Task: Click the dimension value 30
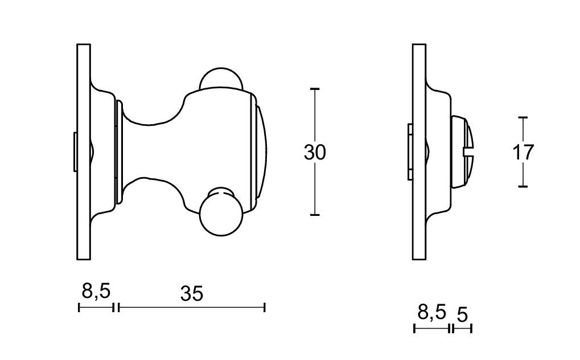tap(315, 152)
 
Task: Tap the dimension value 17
tap(523, 152)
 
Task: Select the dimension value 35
tap(191, 293)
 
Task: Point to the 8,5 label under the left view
tap(96, 291)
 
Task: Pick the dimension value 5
tap(462, 313)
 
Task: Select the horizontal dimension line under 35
tap(191, 308)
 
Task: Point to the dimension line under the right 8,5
tap(431, 328)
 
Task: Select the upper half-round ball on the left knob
tap(222, 80)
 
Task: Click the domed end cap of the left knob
tap(260, 152)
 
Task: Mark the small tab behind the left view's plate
tap(75, 152)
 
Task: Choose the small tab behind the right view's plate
tap(410, 152)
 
